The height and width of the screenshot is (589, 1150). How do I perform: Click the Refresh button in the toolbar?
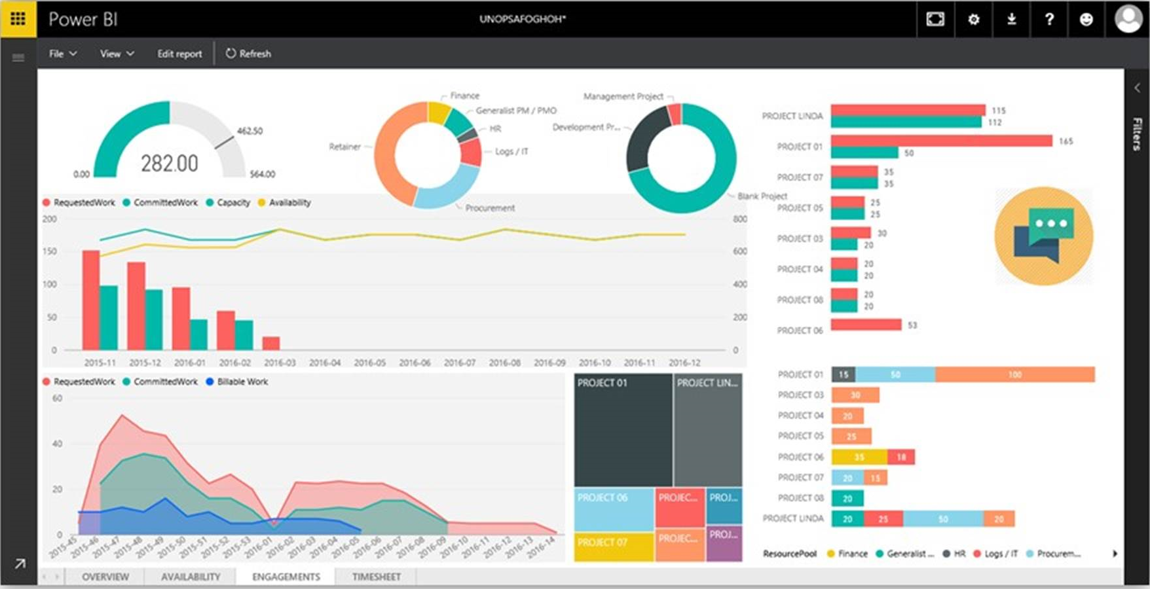click(x=248, y=54)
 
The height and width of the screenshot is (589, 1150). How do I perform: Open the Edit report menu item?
click(x=179, y=54)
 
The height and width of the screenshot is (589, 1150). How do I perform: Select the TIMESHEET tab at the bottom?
click(x=376, y=577)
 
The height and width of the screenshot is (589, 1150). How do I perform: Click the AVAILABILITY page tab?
click(x=191, y=577)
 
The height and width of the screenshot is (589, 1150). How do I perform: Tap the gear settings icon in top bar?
click(x=973, y=19)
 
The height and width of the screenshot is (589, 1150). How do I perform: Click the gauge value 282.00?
click(x=169, y=163)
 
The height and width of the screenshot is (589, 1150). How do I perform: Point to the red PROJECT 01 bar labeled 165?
click(x=941, y=141)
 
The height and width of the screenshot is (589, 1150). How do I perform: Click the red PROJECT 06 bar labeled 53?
click(x=866, y=325)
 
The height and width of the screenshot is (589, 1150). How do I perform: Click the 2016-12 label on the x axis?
click(x=684, y=363)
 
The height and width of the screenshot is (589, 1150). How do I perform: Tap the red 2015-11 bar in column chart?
click(x=90, y=300)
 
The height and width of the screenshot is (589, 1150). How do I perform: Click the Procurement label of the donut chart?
click(x=490, y=208)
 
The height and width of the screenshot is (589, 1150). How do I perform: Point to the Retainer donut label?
click(x=344, y=147)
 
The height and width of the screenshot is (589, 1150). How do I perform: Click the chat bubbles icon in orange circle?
click(x=1043, y=236)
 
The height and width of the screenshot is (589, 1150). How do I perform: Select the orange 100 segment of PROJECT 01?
click(x=1014, y=374)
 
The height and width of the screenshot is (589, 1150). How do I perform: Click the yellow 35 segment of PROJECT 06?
click(x=859, y=457)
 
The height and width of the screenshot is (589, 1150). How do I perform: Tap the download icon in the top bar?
click(x=1011, y=19)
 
